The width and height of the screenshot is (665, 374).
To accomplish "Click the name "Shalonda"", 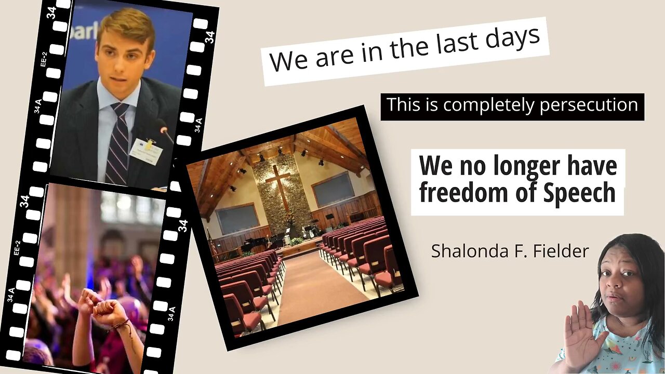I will point(464,251).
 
